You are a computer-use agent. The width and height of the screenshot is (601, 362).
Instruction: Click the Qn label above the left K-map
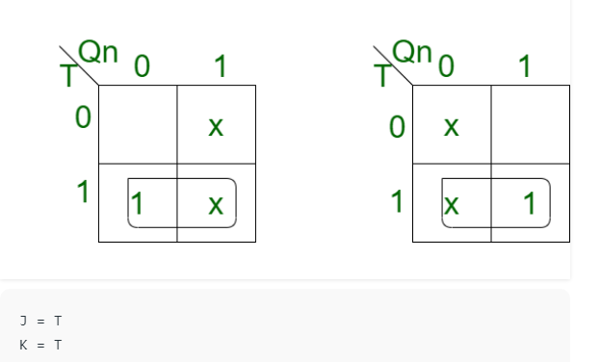(97, 52)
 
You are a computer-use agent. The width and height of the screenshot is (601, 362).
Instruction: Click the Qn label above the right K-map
(412, 52)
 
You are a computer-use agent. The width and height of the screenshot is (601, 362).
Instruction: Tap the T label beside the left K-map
(69, 76)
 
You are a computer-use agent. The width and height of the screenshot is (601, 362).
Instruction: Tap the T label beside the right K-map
(383, 76)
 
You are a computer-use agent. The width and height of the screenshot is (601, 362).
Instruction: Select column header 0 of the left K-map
(142, 65)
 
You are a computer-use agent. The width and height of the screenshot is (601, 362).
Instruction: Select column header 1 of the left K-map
(221, 65)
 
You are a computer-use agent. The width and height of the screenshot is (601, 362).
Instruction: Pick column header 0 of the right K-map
(446, 65)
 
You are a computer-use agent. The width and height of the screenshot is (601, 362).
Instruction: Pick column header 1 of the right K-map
(525, 65)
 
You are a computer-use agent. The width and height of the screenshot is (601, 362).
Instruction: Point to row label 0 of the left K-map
(83, 117)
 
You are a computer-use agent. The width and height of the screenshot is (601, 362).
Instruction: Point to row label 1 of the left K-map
(83, 192)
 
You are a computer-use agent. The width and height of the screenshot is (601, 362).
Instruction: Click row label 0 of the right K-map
(397, 127)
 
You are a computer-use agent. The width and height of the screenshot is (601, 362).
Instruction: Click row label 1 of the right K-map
(397, 200)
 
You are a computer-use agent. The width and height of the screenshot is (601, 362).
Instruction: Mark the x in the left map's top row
(216, 127)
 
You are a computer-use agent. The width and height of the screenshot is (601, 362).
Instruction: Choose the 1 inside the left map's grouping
(137, 203)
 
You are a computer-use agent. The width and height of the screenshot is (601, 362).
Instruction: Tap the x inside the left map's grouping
(216, 205)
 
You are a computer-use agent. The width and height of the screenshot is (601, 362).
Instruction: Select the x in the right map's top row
(451, 127)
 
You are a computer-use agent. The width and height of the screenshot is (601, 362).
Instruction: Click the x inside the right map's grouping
(451, 205)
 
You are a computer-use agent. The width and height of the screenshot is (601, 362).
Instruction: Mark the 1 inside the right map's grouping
(530, 203)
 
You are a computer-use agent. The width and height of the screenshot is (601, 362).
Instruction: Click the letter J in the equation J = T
(23, 321)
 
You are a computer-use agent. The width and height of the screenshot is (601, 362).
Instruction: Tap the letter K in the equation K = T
(23, 345)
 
